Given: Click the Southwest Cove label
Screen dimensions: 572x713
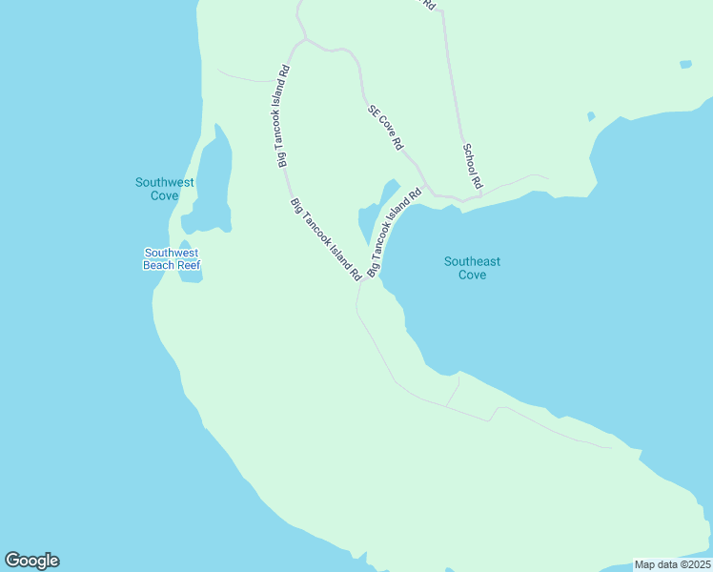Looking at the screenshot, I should pyautogui.click(x=165, y=189).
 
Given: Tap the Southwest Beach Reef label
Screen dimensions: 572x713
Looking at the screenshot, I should pyautogui.click(x=172, y=258).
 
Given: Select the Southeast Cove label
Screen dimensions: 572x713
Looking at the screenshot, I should pyautogui.click(x=472, y=268).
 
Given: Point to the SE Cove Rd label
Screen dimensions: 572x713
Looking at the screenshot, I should pyautogui.click(x=385, y=128).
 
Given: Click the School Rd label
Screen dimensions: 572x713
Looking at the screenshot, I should pyautogui.click(x=472, y=165).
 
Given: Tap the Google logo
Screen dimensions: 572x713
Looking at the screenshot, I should pyautogui.click(x=31, y=561).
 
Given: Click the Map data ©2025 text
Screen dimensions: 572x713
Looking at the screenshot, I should pyautogui.click(x=672, y=564).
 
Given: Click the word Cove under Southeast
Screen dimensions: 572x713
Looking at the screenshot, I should pyautogui.click(x=472, y=275).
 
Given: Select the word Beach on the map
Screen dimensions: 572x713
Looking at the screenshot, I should pyautogui.click(x=158, y=265).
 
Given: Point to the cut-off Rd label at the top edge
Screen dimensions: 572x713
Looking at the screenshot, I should pyautogui.click(x=428, y=5).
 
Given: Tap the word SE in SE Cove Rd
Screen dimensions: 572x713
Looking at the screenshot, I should pyautogui.click(x=374, y=110).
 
